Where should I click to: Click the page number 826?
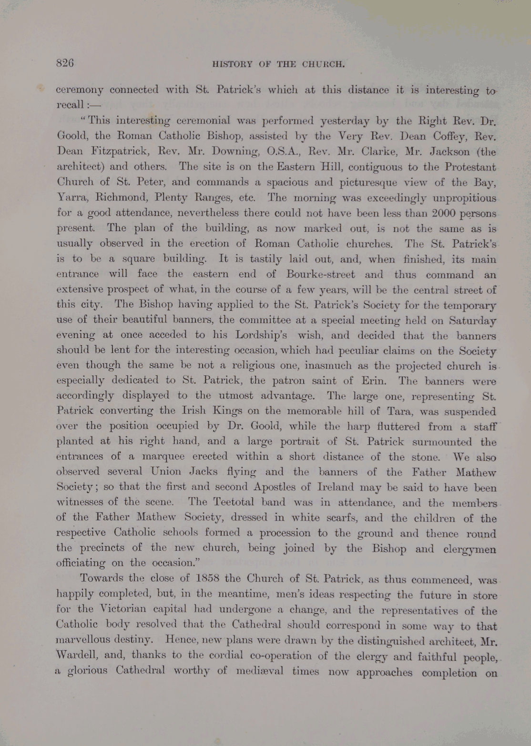(x=65, y=63)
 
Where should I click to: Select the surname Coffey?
(x=439, y=137)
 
